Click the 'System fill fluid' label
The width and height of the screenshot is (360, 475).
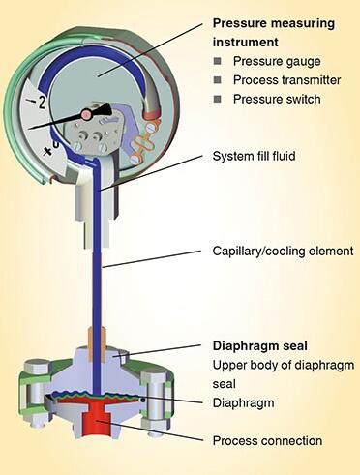click(x=254, y=156)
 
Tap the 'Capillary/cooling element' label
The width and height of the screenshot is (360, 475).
click(x=283, y=251)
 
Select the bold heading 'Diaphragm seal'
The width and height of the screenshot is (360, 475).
click(x=260, y=346)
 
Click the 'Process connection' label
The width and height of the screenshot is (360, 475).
click(x=267, y=441)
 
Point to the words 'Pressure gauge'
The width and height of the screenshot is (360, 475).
click(x=277, y=61)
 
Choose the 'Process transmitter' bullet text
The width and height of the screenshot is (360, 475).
click(x=286, y=80)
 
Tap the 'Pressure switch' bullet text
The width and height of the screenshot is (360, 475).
click(x=277, y=100)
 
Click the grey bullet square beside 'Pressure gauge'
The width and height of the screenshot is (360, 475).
click(x=218, y=61)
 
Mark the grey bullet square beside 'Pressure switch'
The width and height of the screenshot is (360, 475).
click(x=218, y=99)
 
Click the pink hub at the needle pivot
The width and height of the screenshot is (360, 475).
click(x=86, y=114)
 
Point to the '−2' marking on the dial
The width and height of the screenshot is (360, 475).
click(x=38, y=102)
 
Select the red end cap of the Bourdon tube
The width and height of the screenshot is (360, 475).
click(x=152, y=113)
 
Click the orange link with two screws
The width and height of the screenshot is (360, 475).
click(x=144, y=143)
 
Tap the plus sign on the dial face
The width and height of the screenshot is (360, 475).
click(x=48, y=151)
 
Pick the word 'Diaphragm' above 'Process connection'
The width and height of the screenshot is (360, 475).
click(x=243, y=403)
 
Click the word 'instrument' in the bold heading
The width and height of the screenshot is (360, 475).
click(x=246, y=43)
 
